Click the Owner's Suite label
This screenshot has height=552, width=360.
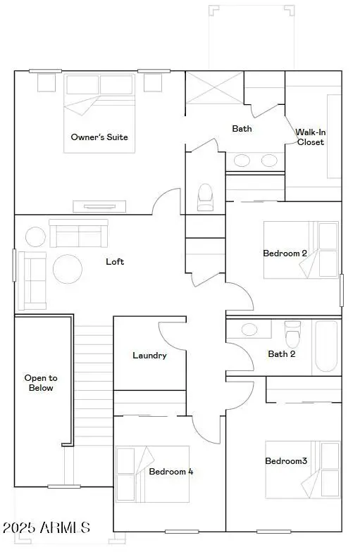99,137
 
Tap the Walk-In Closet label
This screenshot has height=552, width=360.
310,137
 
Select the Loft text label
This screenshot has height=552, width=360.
115,261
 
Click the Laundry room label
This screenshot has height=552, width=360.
149,355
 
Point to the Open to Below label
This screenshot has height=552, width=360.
39,382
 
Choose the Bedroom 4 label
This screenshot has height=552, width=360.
171,471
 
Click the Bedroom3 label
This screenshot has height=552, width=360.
286,461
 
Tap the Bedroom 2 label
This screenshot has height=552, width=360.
285,253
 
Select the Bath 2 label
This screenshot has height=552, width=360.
281,353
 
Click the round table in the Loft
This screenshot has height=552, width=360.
68,268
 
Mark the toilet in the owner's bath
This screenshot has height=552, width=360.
205,196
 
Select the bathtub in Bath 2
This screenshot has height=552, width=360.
326,346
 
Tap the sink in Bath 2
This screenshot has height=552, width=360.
249,329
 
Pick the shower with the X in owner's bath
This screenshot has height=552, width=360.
214,87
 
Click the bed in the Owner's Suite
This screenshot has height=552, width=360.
99,113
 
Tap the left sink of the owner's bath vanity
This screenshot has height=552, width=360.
242,161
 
